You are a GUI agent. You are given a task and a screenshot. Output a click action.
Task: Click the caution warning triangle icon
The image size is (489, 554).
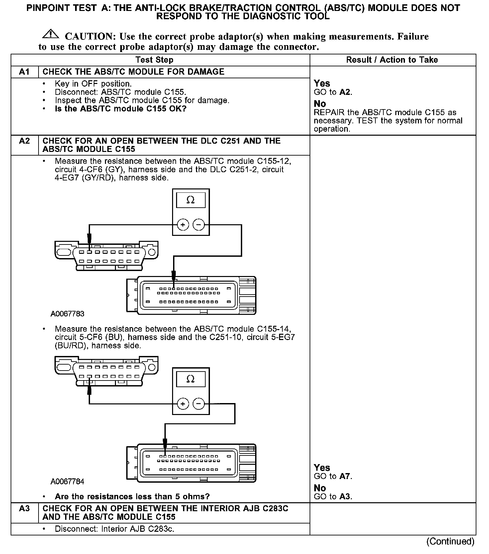(x=50, y=34)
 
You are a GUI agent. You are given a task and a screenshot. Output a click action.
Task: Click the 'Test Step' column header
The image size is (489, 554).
(x=154, y=60)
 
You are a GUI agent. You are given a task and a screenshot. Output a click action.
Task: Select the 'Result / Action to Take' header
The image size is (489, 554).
(x=392, y=60)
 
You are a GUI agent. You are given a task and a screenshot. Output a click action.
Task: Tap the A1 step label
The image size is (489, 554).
(x=25, y=72)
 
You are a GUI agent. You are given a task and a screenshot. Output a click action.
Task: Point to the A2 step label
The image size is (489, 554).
(x=25, y=141)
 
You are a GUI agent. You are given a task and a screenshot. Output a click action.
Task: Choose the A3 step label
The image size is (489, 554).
(x=25, y=509)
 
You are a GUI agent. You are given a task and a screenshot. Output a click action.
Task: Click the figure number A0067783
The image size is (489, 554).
(x=67, y=314)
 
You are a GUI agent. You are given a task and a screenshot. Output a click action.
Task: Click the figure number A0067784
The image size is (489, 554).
(x=67, y=482)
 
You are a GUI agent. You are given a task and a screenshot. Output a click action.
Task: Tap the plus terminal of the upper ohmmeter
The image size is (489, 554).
(x=183, y=225)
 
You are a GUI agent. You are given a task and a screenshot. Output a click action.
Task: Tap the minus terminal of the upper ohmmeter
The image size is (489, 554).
(x=199, y=225)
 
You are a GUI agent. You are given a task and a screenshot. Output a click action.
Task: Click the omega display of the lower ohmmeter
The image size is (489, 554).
(x=191, y=379)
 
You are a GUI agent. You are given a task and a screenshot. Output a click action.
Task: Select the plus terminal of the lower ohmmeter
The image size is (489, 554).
(x=183, y=404)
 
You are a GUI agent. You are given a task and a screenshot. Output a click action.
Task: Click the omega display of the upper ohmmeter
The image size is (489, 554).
(x=191, y=200)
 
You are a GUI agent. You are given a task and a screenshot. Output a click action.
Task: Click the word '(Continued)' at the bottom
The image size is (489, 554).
(x=450, y=542)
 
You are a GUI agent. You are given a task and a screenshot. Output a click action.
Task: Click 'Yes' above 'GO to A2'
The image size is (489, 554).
(x=322, y=83)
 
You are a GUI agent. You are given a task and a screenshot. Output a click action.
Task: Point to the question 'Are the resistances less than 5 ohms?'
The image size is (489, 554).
(x=132, y=497)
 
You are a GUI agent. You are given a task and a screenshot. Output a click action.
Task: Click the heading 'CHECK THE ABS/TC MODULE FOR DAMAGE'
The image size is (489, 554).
(x=134, y=72)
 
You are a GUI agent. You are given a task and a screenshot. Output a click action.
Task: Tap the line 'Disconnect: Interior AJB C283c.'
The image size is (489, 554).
(x=115, y=529)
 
